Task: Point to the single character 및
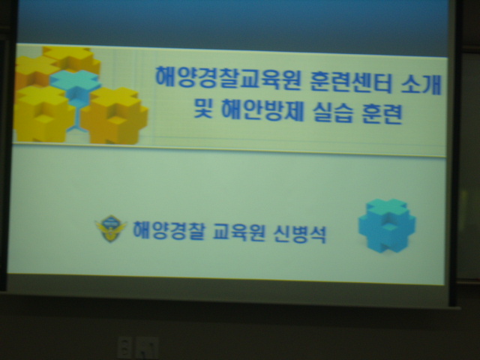203,108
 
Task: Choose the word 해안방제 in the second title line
262,110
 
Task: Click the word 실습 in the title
332,112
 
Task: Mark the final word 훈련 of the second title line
382,114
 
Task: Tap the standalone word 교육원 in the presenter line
238,232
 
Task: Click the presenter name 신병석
300,234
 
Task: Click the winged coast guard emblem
111,228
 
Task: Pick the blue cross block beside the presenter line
387,225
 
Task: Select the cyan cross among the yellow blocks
75,84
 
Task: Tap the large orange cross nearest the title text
115,115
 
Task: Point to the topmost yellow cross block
72,58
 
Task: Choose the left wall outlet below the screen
124,347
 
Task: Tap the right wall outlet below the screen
147,347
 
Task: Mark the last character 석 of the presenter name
318,235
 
